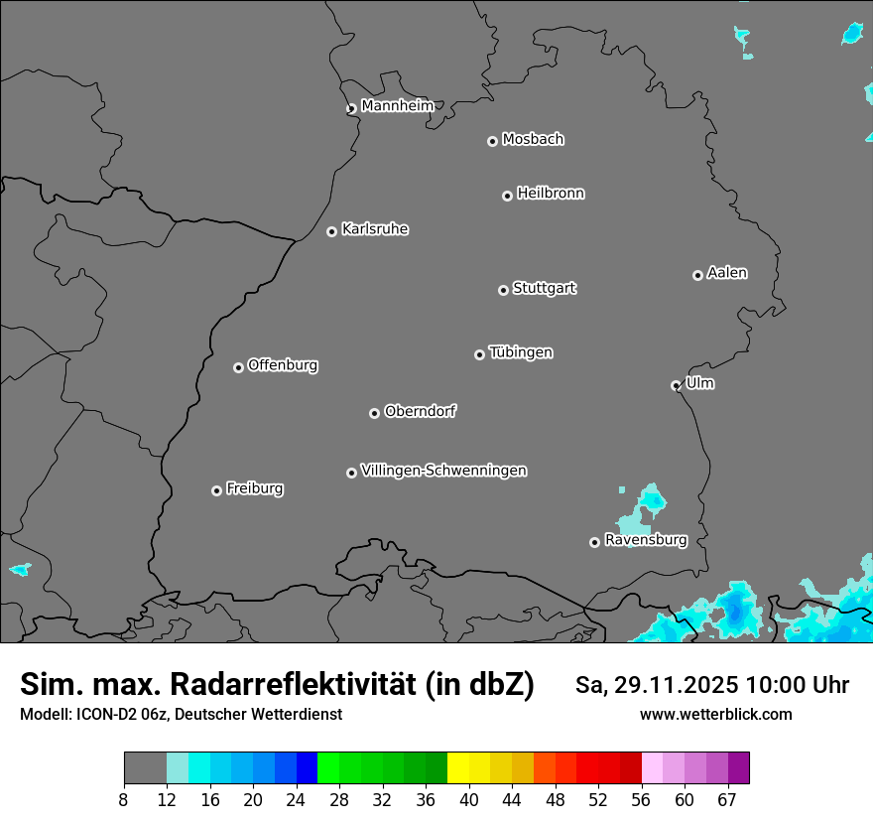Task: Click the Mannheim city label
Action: pos(397,105)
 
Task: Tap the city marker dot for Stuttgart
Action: pos(503,290)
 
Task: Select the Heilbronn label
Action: pos(551,193)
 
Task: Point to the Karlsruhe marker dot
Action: pos(331,231)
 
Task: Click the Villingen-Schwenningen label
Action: pos(443,470)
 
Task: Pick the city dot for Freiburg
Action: pos(216,490)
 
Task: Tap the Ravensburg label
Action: pos(645,540)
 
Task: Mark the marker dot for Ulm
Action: pos(676,385)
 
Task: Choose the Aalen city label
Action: pos(727,272)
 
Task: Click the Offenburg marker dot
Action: pos(238,367)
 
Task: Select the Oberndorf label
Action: pos(420,411)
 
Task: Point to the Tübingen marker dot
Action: pos(479,354)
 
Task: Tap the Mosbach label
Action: pos(533,139)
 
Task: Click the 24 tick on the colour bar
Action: pos(296,799)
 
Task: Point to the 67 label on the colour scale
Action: pos(727,799)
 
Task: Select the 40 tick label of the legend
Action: pos(468,799)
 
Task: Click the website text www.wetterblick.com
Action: pos(715,714)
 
